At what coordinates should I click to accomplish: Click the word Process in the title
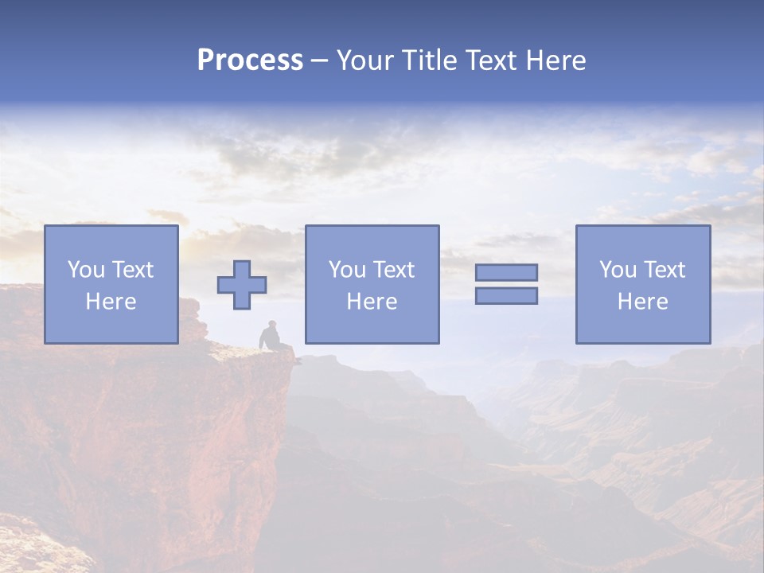pos(250,60)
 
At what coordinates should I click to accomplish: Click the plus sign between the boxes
pos(242,285)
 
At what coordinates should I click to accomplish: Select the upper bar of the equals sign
pos(506,272)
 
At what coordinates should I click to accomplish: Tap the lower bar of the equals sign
pos(506,295)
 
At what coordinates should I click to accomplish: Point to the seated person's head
pos(273,324)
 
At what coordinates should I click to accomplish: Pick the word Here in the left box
pos(111,302)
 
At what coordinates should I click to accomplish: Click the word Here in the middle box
pos(372,302)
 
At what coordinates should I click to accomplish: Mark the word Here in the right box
pos(642,302)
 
